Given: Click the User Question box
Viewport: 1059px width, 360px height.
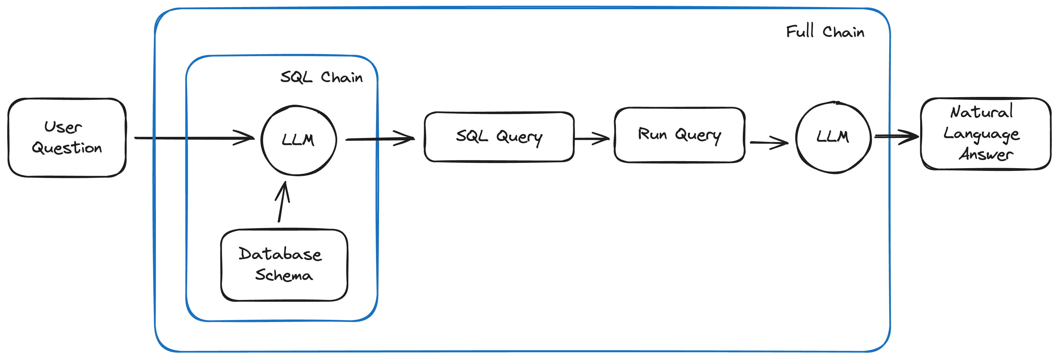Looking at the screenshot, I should coord(67,138).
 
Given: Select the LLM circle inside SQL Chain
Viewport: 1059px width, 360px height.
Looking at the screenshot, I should coord(298,140).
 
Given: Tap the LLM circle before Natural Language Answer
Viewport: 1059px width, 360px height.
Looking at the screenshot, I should coord(833,137).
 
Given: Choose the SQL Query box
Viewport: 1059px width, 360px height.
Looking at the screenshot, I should coord(499,137).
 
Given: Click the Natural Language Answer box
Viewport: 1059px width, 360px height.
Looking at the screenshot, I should coord(986,133).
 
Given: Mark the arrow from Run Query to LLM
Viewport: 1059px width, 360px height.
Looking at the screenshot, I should coord(769,143).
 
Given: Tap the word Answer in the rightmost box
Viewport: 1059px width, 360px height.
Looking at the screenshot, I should coord(986,154).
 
